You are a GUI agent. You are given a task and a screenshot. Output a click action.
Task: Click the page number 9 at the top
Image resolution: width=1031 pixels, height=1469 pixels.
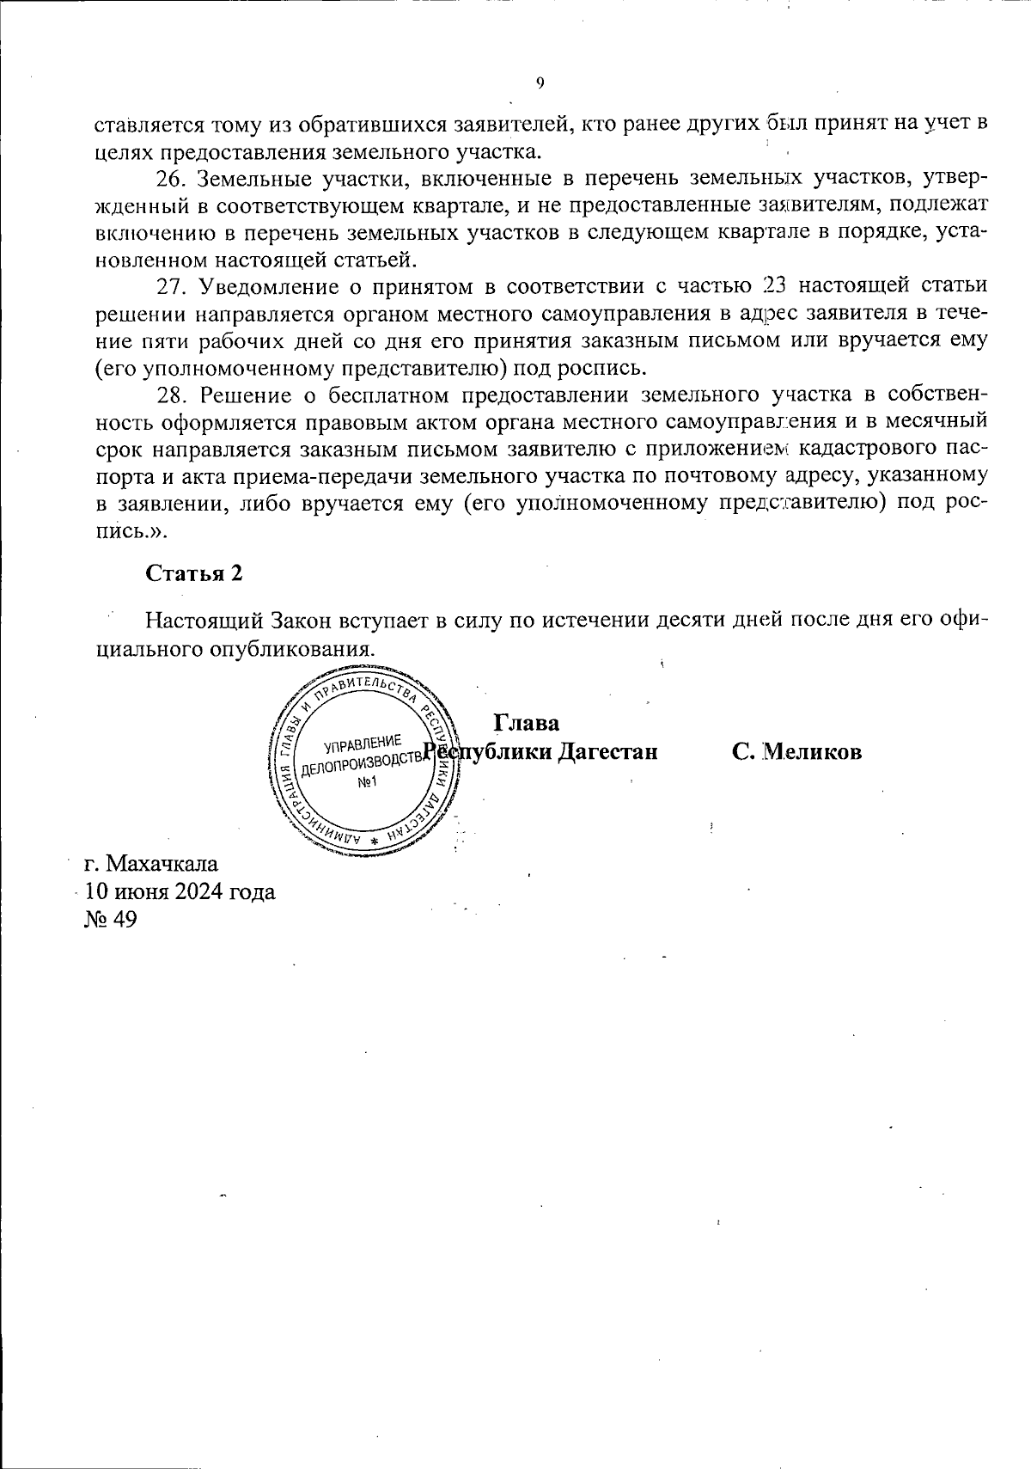click(540, 83)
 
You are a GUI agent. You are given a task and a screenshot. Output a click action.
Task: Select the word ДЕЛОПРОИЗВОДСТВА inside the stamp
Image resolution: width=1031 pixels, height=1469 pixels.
click(362, 762)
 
